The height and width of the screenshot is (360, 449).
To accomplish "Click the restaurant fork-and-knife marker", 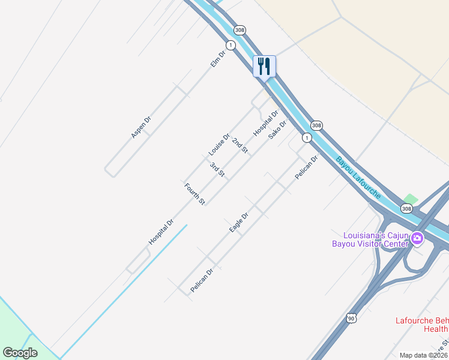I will click(x=264, y=66).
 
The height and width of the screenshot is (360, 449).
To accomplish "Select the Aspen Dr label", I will click(x=141, y=126).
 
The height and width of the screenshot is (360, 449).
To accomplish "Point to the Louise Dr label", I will click(x=219, y=144).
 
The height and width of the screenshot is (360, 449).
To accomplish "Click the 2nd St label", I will click(x=240, y=145).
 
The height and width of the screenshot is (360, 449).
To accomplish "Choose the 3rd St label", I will click(x=217, y=169).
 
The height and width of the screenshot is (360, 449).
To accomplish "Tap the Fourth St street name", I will click(x=195, y=193).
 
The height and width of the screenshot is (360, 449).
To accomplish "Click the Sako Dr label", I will click(x=277, y=129).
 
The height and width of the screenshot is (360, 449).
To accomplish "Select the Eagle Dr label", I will click(x=239, y=222).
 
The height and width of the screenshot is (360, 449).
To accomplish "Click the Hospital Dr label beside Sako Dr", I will click(x=265, y=122).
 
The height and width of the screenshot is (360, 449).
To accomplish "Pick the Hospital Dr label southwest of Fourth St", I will click(x=161, y=232).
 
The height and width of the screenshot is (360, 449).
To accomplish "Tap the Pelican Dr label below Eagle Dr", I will click(x=202, y=280).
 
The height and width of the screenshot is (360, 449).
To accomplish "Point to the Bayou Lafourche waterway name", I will click(x=358, y=178).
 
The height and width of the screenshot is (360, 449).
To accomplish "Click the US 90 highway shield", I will click(x=351, y=317).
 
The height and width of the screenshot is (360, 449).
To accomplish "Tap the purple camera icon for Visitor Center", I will click(x=417, y=239).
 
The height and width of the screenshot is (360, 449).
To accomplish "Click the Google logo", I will click(x=20, y=353).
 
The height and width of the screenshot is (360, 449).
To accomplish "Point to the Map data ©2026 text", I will click(x=423, y=355).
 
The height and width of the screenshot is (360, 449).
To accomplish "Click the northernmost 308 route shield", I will click(x=240, y=30).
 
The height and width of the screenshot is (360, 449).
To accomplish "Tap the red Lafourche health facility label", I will click(x=421, y=324).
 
